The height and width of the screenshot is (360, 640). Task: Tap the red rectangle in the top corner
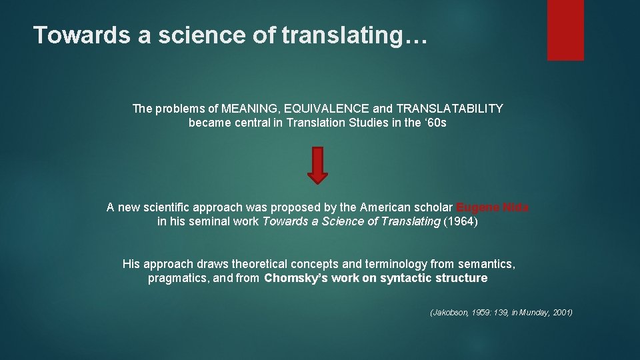[x=565, y=30]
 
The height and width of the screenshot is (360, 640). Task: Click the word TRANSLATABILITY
[x=449, y=109]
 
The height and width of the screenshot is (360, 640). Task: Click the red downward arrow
[x=319, y=165]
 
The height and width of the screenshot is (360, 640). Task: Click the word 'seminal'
[x=212, y=221]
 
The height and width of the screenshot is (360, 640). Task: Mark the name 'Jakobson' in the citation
[x=450, y=313]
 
